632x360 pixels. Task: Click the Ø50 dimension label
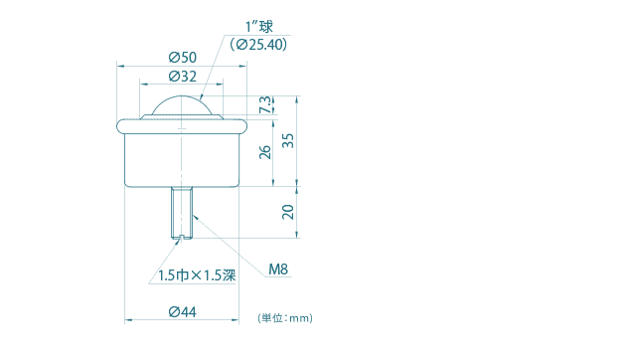[x=182, y=58]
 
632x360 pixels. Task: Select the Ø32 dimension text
[x=182, y=76]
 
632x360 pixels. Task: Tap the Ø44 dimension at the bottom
[x=182, y=312]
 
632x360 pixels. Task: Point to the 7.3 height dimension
[x=264, y=104]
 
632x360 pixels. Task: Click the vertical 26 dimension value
[x=264, y=152]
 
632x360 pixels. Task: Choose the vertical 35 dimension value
[x=288, y=140]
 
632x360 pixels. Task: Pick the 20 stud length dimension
[x=288, y=211]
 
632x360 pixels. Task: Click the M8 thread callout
[x=278, y=269]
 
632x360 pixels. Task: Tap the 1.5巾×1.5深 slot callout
[x=196, y=275]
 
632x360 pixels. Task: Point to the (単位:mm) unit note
[x=285, y=318]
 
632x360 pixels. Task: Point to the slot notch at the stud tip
[x=182, y=237]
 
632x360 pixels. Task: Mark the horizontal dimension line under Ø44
[x=149, y=321]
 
